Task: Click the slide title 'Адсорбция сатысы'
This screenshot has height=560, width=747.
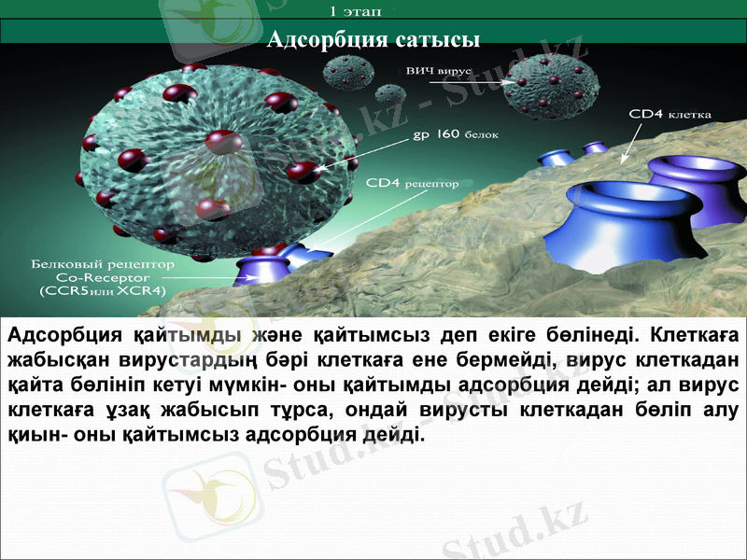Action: pos(373,39)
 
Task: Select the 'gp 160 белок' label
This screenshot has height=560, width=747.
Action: pos(456,134)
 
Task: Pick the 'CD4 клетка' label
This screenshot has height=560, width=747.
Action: pos(669,114)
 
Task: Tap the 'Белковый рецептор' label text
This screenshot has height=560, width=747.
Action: pos(103,264)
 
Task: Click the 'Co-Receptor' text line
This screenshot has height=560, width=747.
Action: pos(103,277)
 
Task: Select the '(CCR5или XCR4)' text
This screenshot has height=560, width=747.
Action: pos(103,291)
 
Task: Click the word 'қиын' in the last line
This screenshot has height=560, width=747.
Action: pos(28,435)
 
